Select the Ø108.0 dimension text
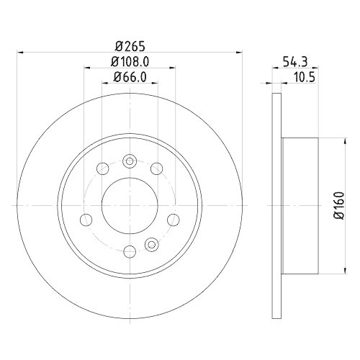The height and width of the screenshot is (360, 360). pos(129,63)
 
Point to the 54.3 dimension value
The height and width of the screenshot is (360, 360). pos(292,63)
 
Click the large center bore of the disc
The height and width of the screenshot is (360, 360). pos(130,204)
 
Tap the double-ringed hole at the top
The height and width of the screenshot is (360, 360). pos(130,161)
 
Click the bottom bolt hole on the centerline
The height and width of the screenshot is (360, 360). pos(130,251)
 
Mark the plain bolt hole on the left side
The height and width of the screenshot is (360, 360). pos(86,219)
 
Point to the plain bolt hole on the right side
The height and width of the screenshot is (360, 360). pos(171,220)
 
